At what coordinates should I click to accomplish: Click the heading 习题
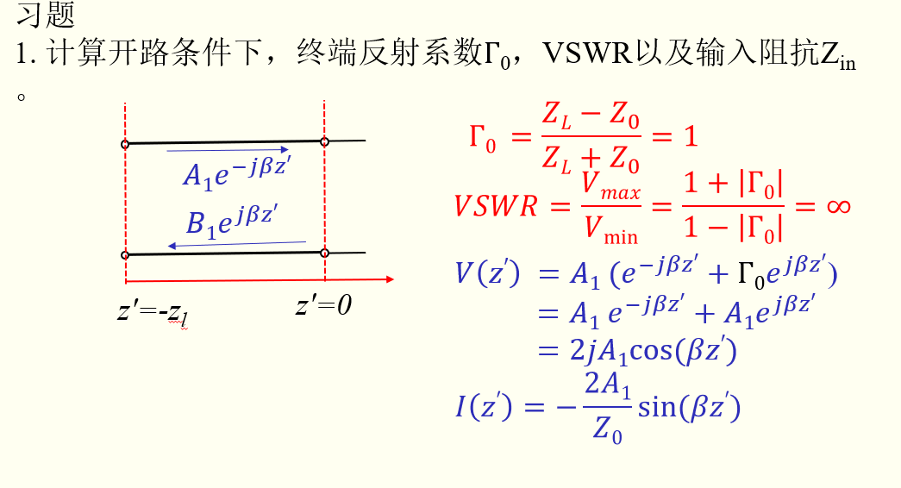(46, 15)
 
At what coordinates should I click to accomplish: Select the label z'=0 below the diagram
(323, 305)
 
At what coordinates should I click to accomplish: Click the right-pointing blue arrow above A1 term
(228, 149)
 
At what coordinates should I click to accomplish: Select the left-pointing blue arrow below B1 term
(237, 245)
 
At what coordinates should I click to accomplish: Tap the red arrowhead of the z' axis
(390, 279)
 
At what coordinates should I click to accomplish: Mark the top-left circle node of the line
(125, 144)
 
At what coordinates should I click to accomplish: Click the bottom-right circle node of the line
(325, 253)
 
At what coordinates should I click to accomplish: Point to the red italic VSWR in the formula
(496, 208)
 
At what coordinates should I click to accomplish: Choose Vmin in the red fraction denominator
(611, 228)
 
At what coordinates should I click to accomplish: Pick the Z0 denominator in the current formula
(608, 429)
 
